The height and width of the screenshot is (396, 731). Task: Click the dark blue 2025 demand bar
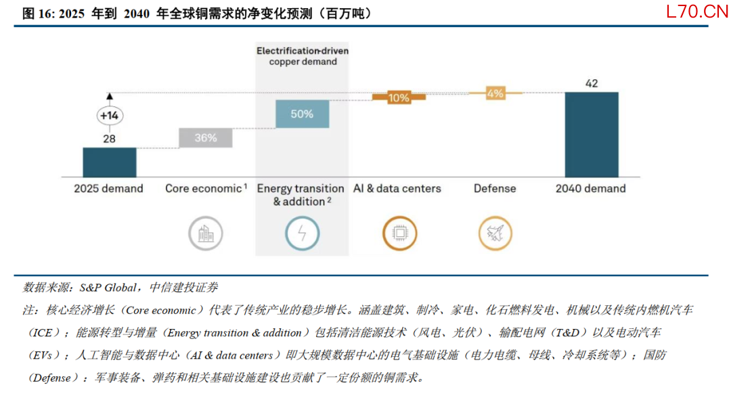(110, 162)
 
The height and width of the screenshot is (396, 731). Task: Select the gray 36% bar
(206, 138)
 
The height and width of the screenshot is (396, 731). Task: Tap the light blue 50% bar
(302, 114)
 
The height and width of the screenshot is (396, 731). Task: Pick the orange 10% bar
(399, 97)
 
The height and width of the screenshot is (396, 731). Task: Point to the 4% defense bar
(495, 93)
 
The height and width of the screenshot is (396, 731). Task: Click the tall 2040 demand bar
(592, 135)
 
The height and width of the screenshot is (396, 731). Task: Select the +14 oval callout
(110, 116)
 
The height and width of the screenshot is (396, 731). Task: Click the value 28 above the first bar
(109, 139)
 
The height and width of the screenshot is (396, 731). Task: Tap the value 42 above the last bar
(592, 83)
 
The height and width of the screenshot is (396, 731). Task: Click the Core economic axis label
(206, 188)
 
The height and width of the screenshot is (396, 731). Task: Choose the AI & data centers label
(397, 188)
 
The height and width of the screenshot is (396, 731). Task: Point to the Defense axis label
(495, 188)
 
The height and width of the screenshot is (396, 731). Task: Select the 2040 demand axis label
(591, 188)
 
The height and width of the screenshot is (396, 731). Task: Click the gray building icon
(206, 234)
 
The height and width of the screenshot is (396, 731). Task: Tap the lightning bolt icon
(302, 234)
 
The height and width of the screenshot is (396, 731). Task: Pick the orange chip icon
(399, 234)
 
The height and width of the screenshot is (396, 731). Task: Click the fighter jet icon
(495, 234)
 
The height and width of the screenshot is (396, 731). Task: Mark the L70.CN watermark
(697, 12)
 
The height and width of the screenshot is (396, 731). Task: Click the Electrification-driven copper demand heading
(303, 56)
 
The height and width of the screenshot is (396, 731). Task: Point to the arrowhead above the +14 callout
(110, 96)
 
